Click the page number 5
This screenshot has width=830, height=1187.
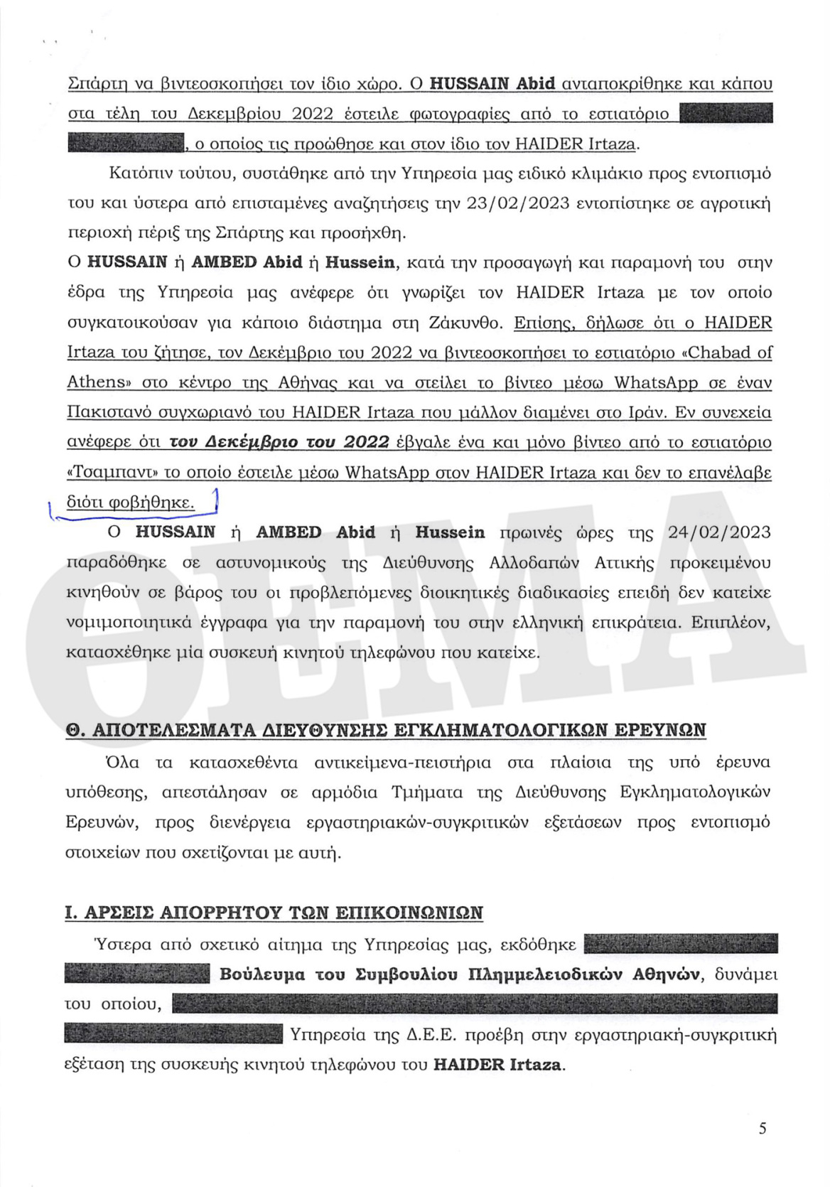click(x=762, y=1128)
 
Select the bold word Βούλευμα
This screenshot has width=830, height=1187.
click(x=262, y=974)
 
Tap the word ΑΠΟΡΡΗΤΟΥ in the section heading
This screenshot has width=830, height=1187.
click(x=228, y=913)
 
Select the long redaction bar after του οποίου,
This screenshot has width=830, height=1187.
click(x=475, y=1004)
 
